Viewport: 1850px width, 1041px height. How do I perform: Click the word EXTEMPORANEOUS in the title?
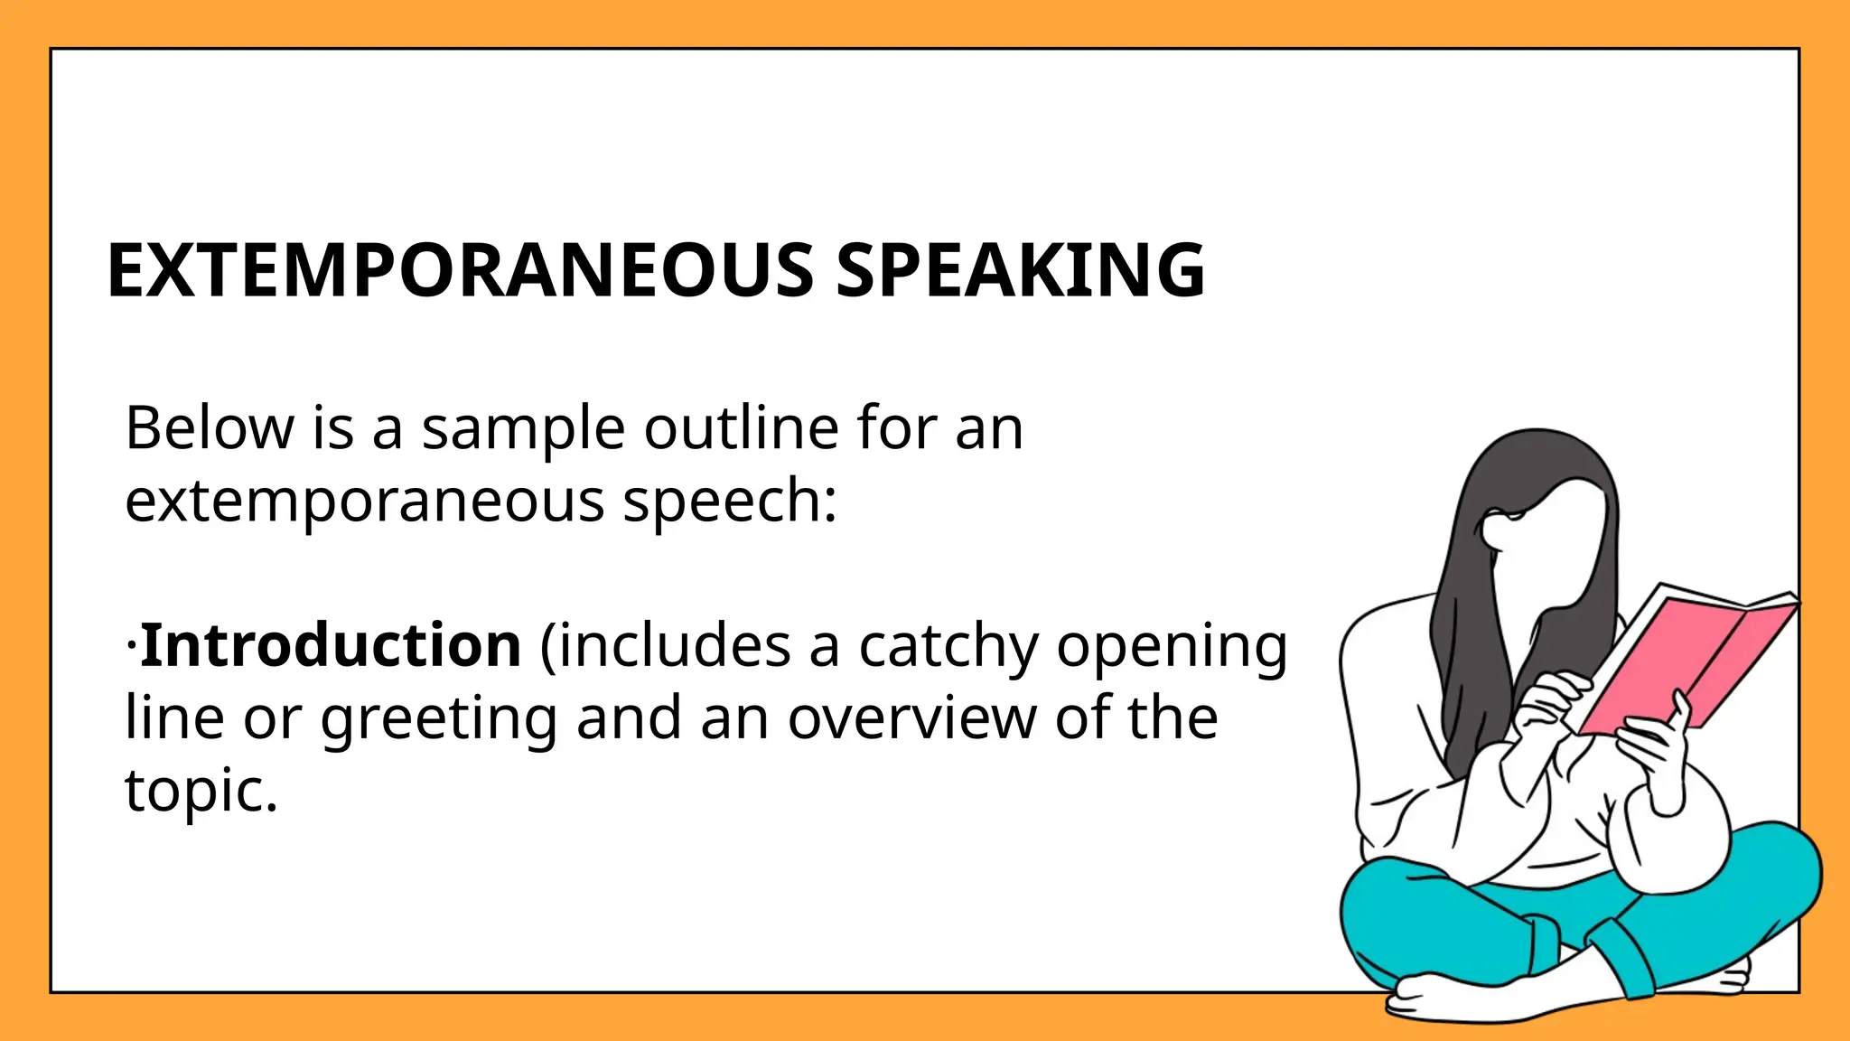461,270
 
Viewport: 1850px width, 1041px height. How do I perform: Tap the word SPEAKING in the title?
1020,270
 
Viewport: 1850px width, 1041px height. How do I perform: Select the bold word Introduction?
331,645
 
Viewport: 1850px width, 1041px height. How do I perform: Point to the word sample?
523,429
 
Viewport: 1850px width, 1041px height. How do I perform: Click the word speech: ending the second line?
730,502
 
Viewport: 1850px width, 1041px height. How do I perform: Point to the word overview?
911,719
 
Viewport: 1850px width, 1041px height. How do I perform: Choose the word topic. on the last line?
201,792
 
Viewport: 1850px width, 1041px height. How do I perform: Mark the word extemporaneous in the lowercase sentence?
364,502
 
